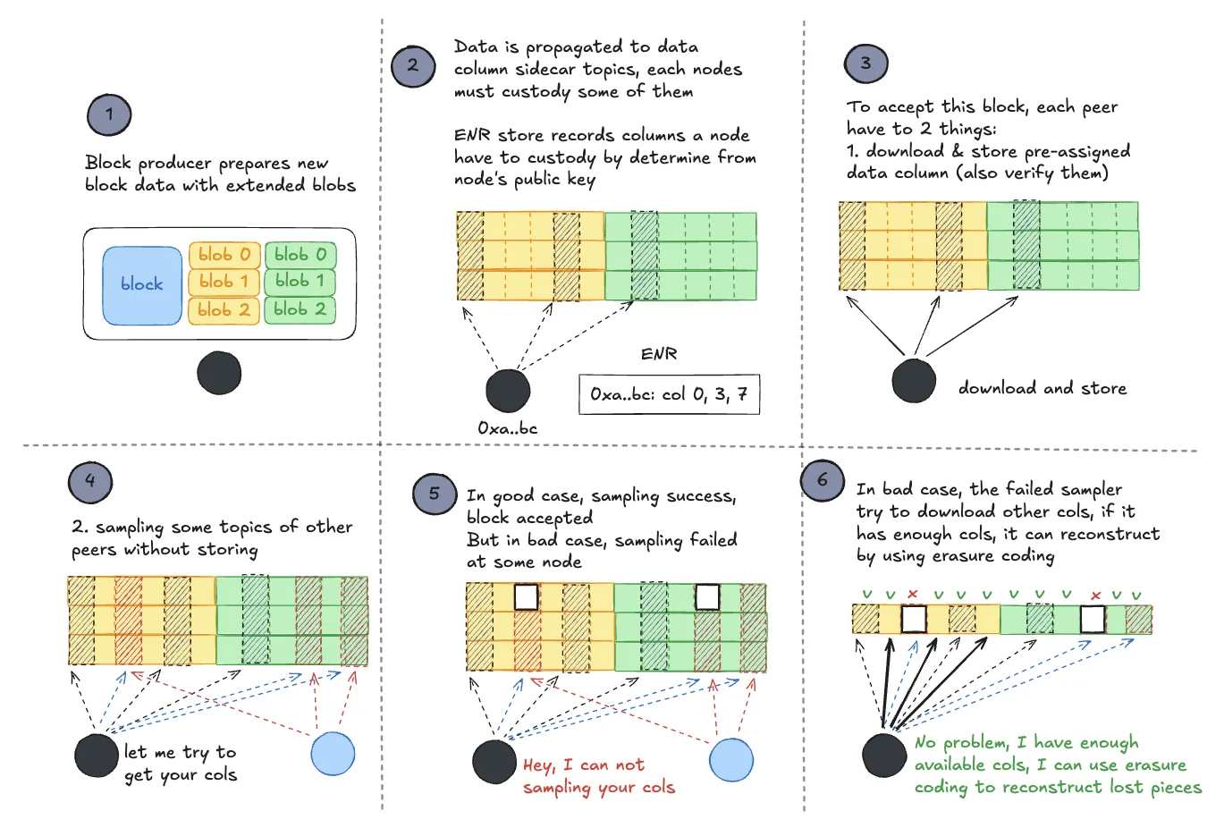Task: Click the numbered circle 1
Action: [x=109, y=114]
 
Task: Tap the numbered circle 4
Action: [x=90, y=483]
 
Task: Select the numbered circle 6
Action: [x=823, y=481]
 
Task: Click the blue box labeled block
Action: [x=142, y=285]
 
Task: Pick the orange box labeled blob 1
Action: [x=224, y=282]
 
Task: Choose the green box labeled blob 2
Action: [x=300, y=310]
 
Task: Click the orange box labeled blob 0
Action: [x=224, y=255]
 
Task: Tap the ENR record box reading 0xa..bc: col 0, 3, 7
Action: [x=670, y=394]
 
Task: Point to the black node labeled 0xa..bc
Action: [x=508, y=391]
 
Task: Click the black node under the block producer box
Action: [x=219, y=373]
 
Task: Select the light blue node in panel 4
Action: [x=333, y=754]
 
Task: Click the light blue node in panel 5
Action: [x=731, y=760]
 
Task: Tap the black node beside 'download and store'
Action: [x=914, y=381]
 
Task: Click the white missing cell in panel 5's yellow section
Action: [x=527, y=596]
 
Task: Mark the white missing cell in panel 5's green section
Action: [x=707, y=596]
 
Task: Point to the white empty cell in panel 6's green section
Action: [x=1093, y=620]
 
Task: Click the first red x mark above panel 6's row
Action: [x=912, y=594]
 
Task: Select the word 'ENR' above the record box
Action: [x=659, y=354]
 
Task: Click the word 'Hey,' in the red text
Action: [x=537, y=765]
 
